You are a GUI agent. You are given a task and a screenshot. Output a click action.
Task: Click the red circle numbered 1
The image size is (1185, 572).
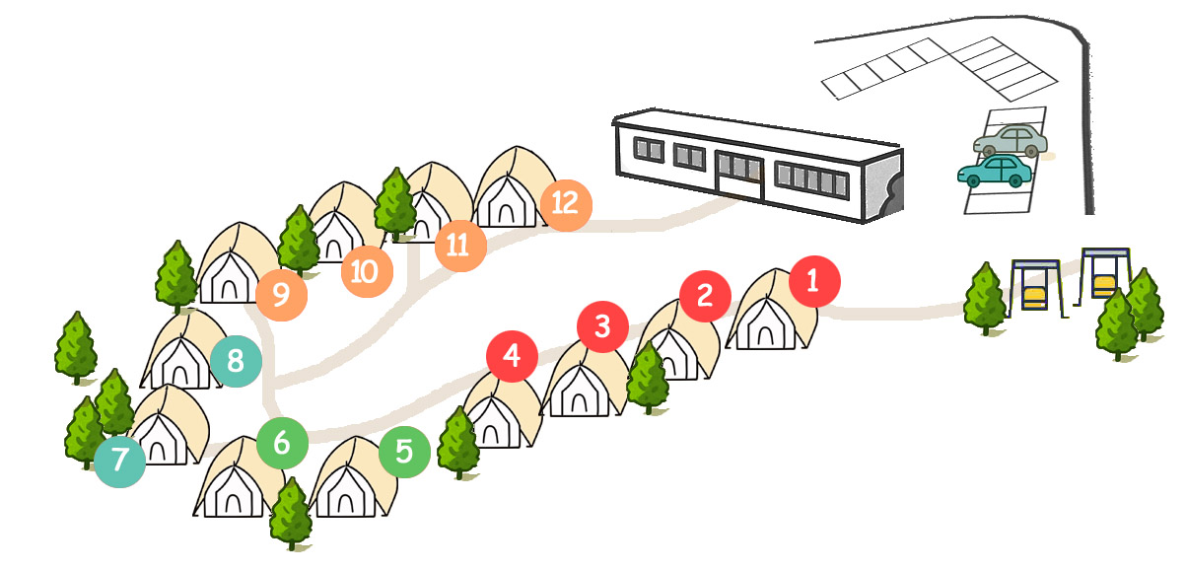point(814,281)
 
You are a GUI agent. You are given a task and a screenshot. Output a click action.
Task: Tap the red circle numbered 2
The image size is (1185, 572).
point(705,295)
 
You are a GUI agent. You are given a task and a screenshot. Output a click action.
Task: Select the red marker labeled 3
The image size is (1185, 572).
point(603,325)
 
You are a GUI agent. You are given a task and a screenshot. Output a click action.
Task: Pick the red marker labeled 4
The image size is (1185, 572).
point(512,356)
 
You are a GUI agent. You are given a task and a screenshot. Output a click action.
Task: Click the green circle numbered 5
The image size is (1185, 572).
point(404,452)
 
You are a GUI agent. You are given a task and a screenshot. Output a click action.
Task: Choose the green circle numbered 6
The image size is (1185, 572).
point(282,444)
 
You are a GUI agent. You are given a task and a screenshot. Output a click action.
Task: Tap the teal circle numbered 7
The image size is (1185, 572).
point(120,461)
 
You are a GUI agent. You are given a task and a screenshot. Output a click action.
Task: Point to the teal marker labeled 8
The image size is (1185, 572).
point(236,361)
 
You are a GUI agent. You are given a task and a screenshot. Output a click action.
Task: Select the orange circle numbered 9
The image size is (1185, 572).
point(281,295)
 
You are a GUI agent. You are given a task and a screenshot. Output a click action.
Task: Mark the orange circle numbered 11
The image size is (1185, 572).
point(458,246)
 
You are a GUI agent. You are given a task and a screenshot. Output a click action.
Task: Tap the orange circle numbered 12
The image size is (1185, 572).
point(565,204)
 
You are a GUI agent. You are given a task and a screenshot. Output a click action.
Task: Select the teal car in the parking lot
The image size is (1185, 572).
point(995,172)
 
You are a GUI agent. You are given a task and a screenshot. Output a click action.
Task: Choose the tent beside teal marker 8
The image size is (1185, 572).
point(181,354)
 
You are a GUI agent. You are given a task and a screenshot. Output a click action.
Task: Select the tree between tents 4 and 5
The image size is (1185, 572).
point(457,443)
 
